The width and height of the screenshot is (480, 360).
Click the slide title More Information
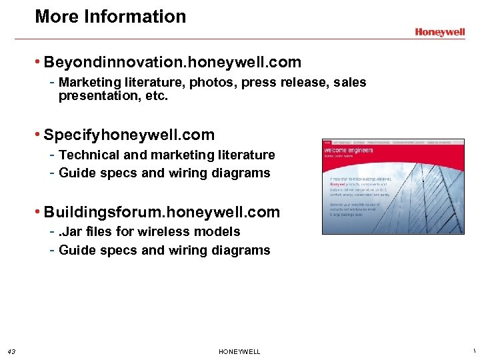110,17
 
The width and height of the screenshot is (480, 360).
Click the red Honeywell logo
440,31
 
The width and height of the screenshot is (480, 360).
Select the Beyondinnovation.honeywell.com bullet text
172,63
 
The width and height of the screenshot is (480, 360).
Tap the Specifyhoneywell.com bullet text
129,135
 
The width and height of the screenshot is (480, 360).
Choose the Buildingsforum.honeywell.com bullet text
161,213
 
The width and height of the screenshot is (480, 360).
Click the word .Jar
69,232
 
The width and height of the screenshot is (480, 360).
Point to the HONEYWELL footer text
239,352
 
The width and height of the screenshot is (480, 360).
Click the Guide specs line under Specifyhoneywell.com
164,173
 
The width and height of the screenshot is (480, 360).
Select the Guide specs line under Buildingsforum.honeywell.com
164,251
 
